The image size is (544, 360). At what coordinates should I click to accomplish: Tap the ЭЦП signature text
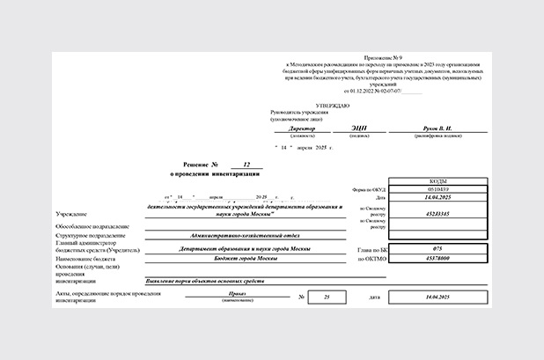[x=359, y=129]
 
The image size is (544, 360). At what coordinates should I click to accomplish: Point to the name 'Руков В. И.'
[x=441, y=129]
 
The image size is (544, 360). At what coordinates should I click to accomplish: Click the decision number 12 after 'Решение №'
[x=247, y=165]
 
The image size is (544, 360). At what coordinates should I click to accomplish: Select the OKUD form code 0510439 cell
[x=437, y=188]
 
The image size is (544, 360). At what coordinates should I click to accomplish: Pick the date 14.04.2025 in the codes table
[x=437, y=197]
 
